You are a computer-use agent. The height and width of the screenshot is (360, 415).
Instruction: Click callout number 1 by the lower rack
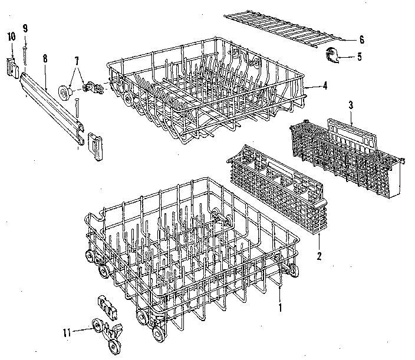coord(281,306)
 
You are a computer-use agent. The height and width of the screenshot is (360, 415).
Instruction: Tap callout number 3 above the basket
coord(350,105)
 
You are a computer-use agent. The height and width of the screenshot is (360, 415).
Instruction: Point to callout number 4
coord(325,86)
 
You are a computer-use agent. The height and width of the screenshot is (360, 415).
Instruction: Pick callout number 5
coord(360,57)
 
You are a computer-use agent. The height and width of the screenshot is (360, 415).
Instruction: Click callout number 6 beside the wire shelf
coord(361,40)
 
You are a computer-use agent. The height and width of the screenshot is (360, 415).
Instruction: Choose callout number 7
coord(75,61)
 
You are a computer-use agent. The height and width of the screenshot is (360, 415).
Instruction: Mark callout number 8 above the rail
coord(45,58)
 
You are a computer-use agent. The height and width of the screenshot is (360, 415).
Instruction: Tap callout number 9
coord(25,28)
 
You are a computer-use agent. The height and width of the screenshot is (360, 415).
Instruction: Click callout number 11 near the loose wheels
coord(67,333)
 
